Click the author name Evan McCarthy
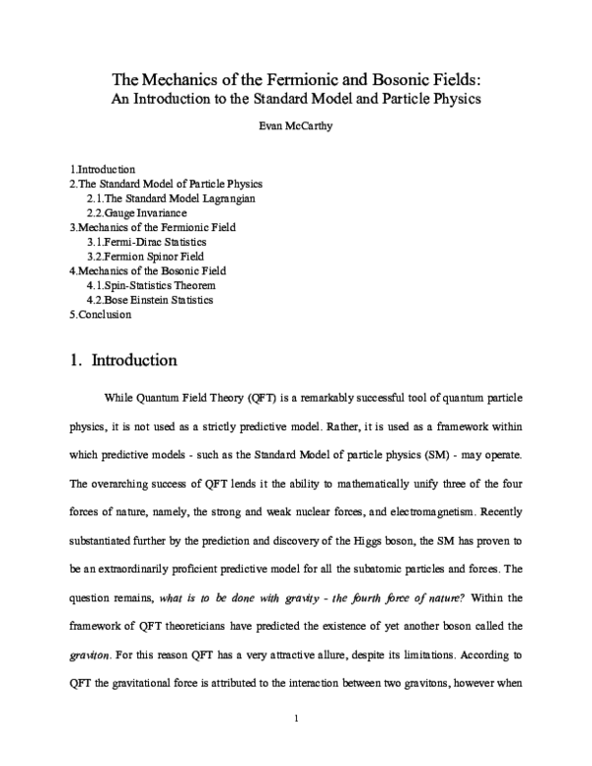click(296, 126)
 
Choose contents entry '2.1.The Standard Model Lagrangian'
click(172, 198)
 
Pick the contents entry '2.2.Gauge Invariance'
click(136, 212)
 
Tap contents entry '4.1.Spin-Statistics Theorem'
click(151, 284)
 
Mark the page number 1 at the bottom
click(296, 744)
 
